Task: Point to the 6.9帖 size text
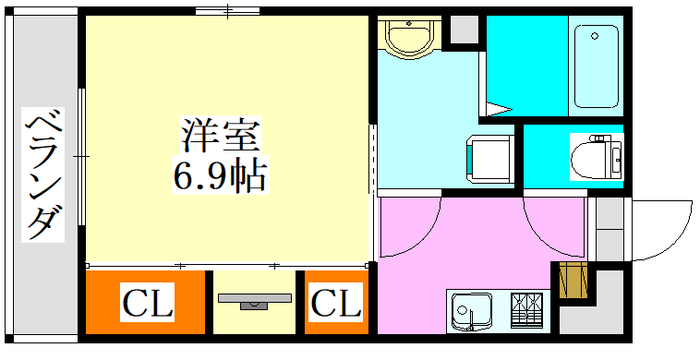coord(220,174)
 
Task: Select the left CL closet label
coord(148,303)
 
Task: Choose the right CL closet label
coord(335,303)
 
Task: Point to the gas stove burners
coord(529,309)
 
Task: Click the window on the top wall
coord(226,11)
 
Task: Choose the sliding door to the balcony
coord(82,157)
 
